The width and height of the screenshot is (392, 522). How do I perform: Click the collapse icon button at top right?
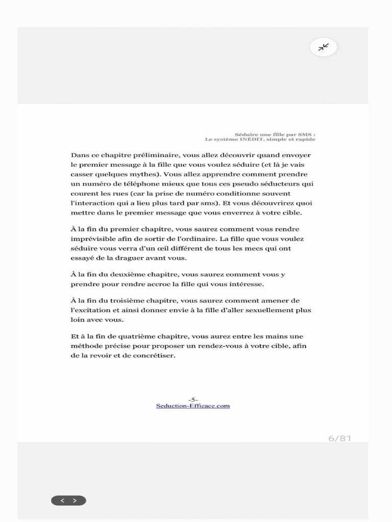[x=324, y=47]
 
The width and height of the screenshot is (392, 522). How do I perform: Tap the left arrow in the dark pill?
[x=62, y=501]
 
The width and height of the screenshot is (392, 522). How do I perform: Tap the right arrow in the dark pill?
[x=75, y=501]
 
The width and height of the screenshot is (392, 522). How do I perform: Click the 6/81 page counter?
[x=339, y=438]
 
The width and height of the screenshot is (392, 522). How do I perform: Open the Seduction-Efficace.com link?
[x=193, y=406]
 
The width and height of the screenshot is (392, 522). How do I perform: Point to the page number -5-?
[x=193, y=400]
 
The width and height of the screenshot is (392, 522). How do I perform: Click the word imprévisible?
[x=92, y=239]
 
